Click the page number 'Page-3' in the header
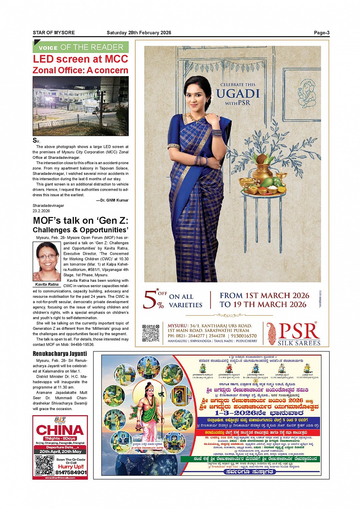[x=322, y=33]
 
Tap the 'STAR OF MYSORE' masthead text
[x=54, y=33]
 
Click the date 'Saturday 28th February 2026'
[x=139, y=33]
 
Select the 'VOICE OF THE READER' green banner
[x=81, y=47]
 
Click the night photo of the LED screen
[x=80, y=106]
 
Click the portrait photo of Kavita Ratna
[x=47, y=262]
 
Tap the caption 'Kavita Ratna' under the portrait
[x=47, y=284]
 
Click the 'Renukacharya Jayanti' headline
[x=60, y=354]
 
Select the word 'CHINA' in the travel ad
[x=60, y=430]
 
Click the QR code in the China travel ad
[x=44, y=465]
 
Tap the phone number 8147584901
[x=71, y=472]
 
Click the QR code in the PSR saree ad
[x=150, y=333]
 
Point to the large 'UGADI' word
[x=238, y=94]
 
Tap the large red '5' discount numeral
[x=149, y=300]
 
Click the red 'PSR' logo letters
[x=299, y=331]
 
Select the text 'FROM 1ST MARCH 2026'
[x=264, y=295]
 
